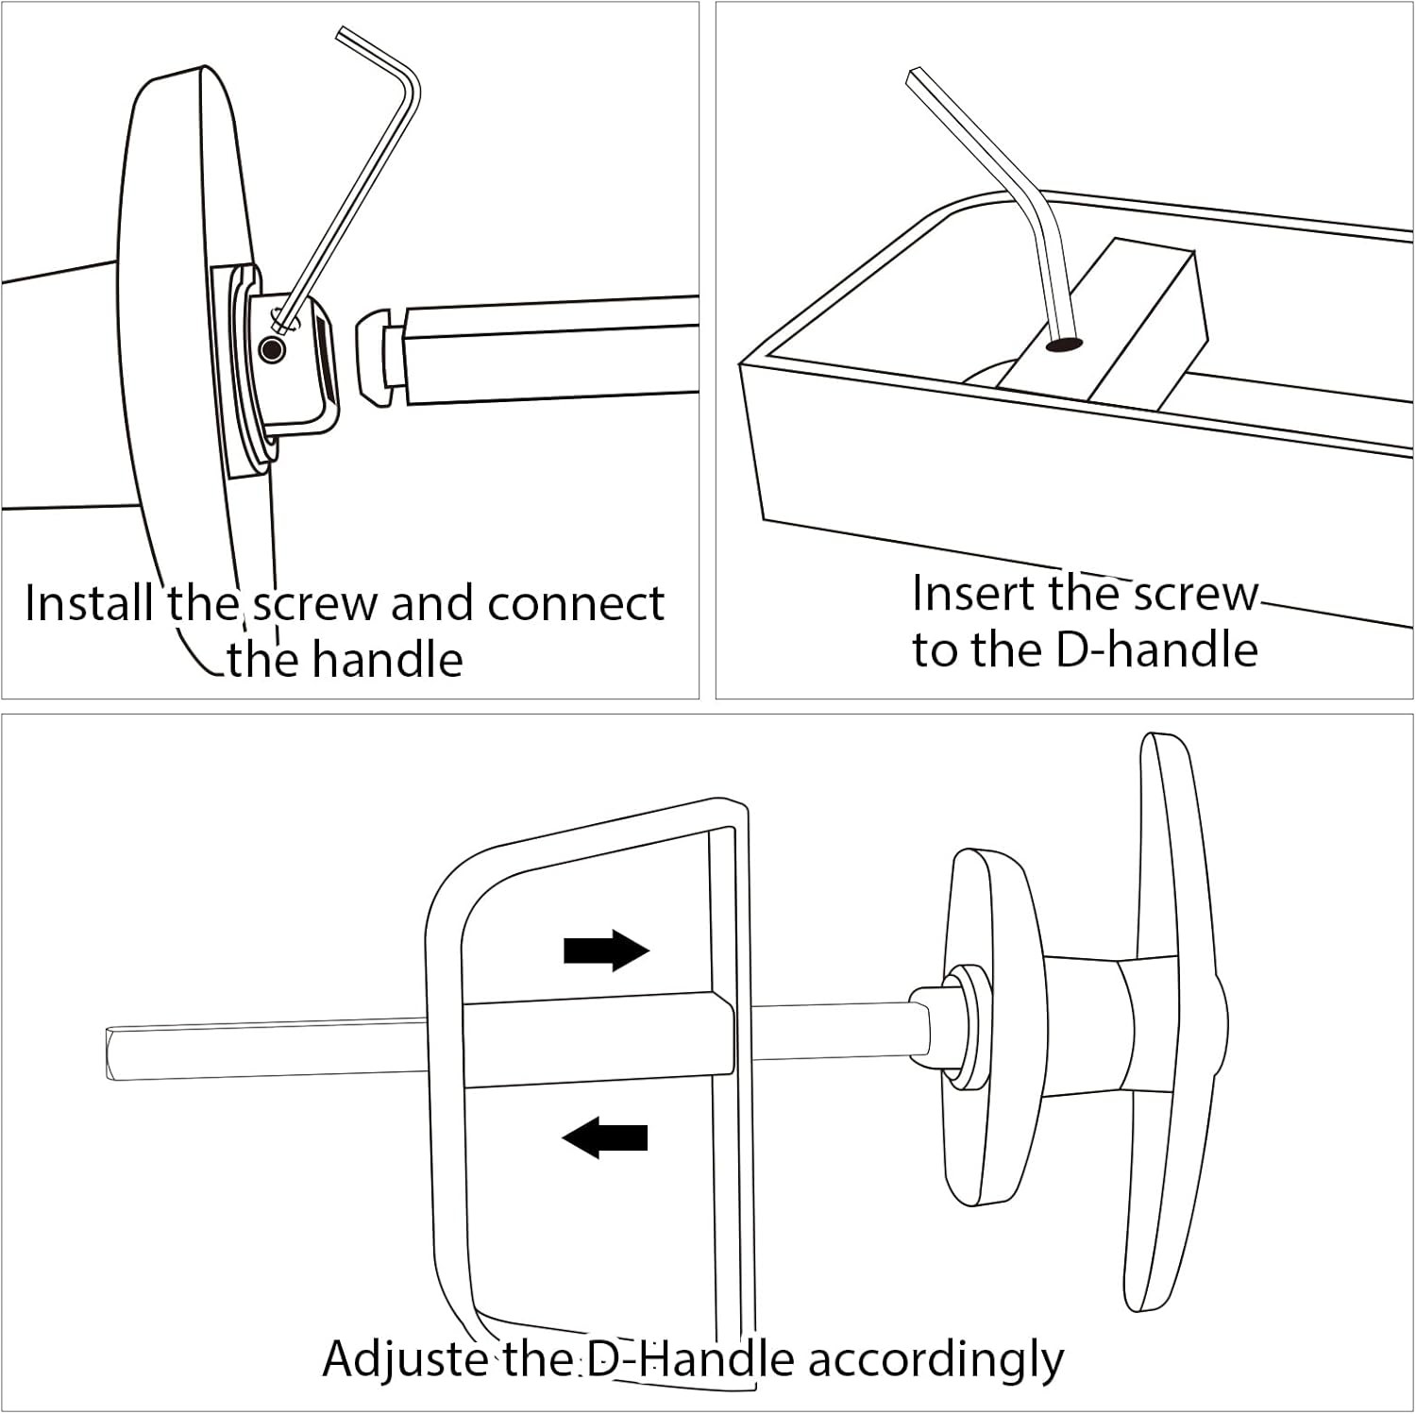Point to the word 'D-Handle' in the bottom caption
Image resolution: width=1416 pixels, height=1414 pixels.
tap(689, 1359)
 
